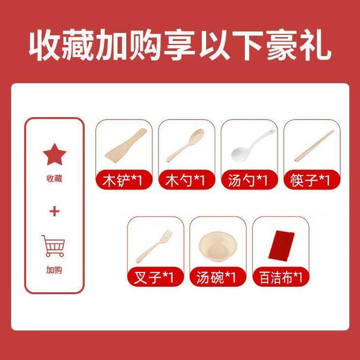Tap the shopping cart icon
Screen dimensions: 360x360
(54, 246)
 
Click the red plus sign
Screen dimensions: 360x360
(54, 211)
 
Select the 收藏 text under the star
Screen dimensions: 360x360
(54, 179)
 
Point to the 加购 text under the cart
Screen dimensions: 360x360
(54, 270)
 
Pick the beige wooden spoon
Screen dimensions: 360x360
(185, 145)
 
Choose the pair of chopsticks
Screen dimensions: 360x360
(315, 146)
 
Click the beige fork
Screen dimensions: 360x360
(154, 246)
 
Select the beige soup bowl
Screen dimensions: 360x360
(218, 246)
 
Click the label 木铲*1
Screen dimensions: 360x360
(122, 180)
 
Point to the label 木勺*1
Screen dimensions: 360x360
(185, 180)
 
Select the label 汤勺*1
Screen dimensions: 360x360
(248, 180)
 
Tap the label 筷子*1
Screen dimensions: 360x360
(310, 180)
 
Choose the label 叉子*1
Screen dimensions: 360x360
(153, 278)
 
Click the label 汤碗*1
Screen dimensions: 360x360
(216, 278)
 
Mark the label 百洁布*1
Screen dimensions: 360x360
(281, 278)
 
